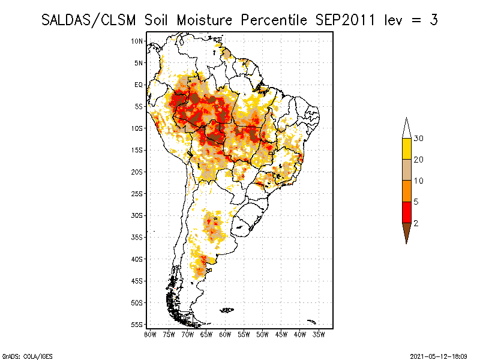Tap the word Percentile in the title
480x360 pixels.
(275, 20)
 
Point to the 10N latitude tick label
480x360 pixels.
(137, 41)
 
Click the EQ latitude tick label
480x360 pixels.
(139, 85)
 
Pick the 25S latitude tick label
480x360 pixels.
(137, 193)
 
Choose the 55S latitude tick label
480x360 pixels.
(137, 324)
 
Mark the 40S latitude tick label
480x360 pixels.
(137, 259)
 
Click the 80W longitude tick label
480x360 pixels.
(150, 334)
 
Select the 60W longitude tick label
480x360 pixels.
(225, 334)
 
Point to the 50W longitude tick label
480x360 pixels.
(262, 334)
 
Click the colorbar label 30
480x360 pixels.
(419, 139)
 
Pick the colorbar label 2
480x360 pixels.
(416, 223)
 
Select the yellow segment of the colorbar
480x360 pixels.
(406, 149)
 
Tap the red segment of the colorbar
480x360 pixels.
(406, 212)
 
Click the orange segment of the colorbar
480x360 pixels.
(406, 191)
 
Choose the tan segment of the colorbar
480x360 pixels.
(406, 170)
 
